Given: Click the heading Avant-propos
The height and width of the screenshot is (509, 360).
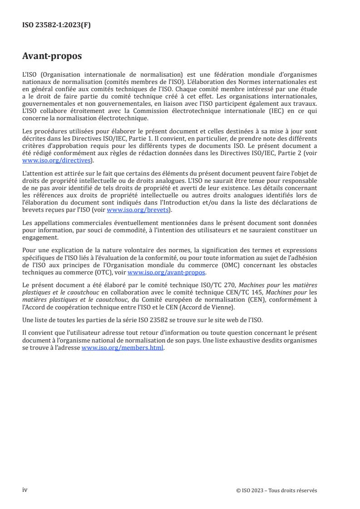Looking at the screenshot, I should tap(52, 56).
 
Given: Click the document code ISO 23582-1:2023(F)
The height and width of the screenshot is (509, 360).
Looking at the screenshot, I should tap(56, 25).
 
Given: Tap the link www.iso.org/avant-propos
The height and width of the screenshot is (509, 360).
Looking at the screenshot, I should tap(167, 273).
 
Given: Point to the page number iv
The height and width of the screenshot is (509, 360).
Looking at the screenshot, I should tap(25, 489).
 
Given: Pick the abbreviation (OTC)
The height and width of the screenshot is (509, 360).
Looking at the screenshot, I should tap(107, 273).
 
